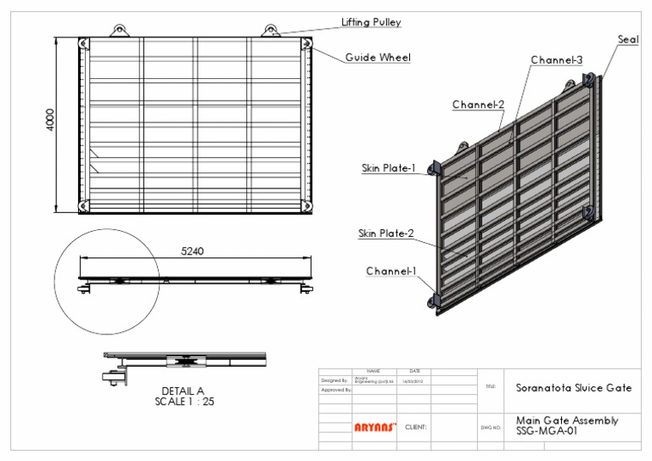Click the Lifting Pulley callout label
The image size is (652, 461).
click(371, 22)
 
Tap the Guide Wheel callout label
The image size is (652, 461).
click(378, 58)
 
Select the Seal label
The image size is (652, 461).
click(627, 39)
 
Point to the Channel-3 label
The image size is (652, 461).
click(556, 60)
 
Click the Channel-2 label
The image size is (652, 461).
click(478, 104)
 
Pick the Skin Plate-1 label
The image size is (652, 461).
click(386, 168)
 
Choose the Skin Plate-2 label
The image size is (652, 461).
click(386, 233)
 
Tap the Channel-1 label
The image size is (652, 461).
click(391, 271)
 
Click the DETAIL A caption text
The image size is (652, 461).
click(183, 391)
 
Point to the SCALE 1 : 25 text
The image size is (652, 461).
click(184, 402)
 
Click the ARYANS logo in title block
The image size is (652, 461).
click(374, 428)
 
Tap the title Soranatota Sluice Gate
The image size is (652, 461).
click(574, 387)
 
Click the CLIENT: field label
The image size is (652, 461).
click(416, 428)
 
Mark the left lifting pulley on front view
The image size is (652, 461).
click(119, 31)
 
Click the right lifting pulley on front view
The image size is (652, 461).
click(271, 31)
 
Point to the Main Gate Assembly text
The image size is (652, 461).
click(566, 420)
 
